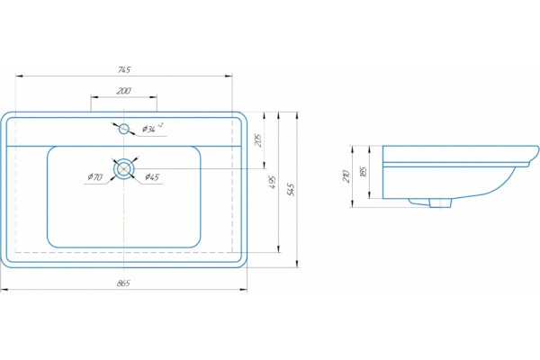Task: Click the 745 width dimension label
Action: click(x=124, y=70)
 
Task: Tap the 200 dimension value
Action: click(x=123, y=91)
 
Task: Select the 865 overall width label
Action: click(x=123, y=283)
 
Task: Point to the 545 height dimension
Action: click(x=292, y=190)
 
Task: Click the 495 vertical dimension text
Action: click(x=273, y=182)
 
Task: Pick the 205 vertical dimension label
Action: click(x=258, y=139)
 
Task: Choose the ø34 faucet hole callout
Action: click(x=153, y=128)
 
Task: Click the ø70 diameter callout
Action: click(x=94, y=177)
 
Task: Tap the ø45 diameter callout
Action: click(x=152, y=177)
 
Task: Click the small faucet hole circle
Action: click(x=123, y=130)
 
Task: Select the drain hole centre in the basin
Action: click(x=123, y=169)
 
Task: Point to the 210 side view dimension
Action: click(x=346, y=176)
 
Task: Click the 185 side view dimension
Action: click(x=363, y=172)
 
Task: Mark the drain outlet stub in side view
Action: click(x=440, y=203)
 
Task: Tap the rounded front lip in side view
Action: click(x=533, y=156)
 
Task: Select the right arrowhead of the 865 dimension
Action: click(x=243, y=290)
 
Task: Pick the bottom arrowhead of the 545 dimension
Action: click(x=297, y=264)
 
